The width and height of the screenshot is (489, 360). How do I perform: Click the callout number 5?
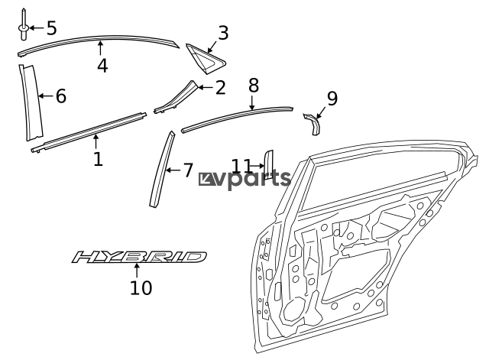51,29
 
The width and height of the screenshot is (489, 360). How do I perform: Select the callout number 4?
102,66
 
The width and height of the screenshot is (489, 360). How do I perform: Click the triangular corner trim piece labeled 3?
203,56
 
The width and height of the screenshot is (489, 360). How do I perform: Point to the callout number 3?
223,33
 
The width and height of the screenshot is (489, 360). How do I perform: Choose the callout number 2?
220,88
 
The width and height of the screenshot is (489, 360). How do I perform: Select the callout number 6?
61,96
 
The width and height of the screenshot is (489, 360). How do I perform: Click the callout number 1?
97,160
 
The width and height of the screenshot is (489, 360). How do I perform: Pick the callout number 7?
188,170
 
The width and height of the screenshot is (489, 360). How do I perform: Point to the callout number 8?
254,85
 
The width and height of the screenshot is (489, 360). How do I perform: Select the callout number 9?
332,99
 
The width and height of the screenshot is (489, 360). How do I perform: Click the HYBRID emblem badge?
139,257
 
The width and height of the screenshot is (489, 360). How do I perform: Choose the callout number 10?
141,287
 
